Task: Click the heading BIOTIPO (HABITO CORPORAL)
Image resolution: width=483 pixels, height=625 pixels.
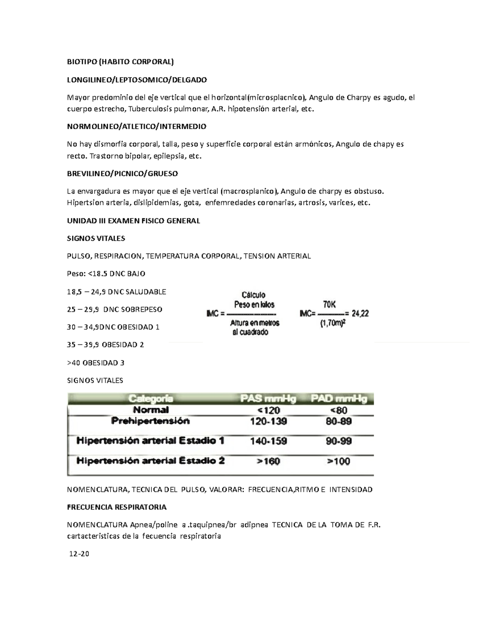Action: click(x=120, y=62)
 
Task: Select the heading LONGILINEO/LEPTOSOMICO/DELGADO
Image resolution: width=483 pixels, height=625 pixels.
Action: click(x=136, y=80)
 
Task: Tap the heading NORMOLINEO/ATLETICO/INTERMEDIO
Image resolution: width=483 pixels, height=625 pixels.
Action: click(x=136, y=126)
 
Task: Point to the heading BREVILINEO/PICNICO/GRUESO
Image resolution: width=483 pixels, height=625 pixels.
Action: click(x=122, y=173)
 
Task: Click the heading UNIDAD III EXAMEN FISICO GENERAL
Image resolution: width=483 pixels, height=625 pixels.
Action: click(x=133, y=221)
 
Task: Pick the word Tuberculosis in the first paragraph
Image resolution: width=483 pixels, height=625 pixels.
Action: click(x=148, y=109)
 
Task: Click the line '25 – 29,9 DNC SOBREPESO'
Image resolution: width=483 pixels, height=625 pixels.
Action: click(x=114, y=309)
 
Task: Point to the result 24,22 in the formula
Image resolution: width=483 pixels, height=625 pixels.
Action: click(x=360, y=313)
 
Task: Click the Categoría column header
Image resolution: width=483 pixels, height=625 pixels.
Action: click(x=151, y=399)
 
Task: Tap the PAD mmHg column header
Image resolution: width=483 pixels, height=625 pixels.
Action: click(x=339, y=399)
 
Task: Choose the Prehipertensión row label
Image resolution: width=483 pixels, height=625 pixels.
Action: click(x=150, y=421)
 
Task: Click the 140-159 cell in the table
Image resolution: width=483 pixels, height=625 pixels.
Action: click(x=268, y=441)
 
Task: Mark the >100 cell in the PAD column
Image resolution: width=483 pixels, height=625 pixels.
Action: click(x=339, y=461)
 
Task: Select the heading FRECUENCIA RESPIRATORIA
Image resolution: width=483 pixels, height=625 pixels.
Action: click(x=116, y=507)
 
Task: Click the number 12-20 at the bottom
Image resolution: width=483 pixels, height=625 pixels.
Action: click(x=79, y=554)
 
